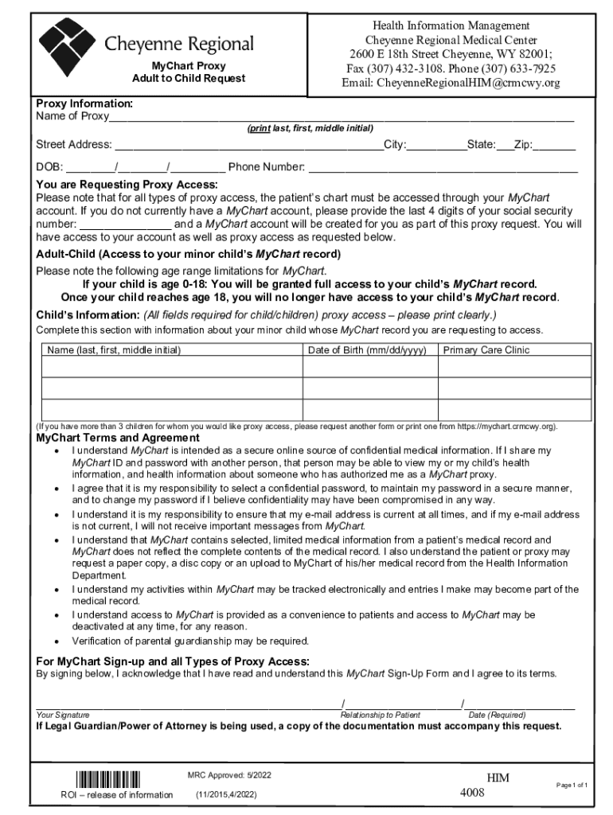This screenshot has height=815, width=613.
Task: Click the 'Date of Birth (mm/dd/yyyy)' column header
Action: [367, 349]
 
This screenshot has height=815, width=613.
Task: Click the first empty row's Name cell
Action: [171, 366]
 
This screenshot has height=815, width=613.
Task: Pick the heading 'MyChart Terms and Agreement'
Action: [118, 438]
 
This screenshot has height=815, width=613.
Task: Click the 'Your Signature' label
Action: [63, 715]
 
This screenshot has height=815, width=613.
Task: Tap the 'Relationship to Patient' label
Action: [380, 715]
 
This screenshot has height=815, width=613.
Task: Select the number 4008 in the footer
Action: [472, 793]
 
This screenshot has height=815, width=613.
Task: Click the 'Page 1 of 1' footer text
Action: [572, 785]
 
